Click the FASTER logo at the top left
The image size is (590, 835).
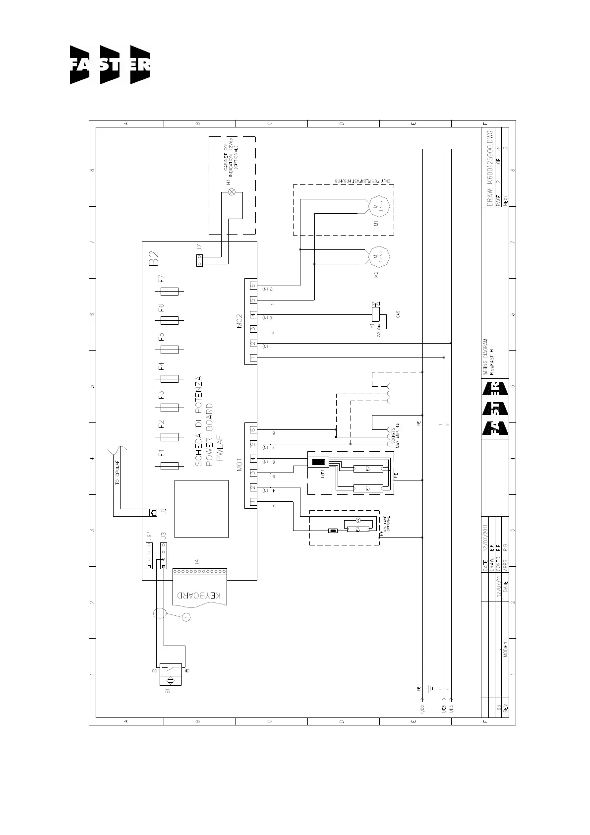110,65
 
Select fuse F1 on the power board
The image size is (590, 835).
170,466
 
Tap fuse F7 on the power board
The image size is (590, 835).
170,292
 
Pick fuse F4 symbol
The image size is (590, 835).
170,379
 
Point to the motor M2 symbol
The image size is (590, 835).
378,256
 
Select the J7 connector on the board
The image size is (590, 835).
199,260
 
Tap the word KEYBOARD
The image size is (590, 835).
199,595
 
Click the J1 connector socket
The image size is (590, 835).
153,512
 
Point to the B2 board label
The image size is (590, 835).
153,258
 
